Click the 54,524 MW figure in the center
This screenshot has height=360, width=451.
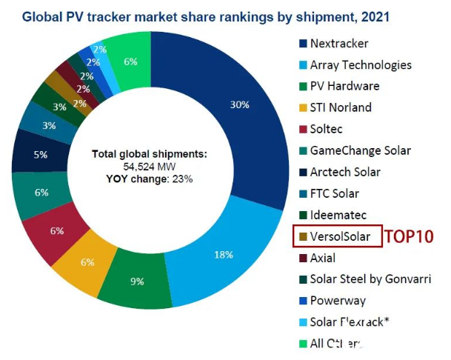point(150,166)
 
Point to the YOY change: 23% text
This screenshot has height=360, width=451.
point(150,178)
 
